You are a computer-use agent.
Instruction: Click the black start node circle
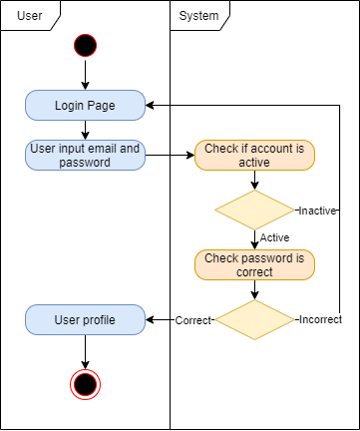pos(85,45)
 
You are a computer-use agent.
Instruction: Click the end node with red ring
pos(85,383)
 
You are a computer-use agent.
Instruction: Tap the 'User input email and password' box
pos(85,155)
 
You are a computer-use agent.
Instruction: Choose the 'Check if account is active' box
pos(254,155)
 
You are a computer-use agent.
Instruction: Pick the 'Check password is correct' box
pos(254,264)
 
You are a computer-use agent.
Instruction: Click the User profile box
pos(85,320)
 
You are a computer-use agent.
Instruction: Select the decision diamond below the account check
pos(254,211)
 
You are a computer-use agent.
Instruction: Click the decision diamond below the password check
pos(254,320)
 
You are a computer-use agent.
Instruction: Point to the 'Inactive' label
pos(317,211)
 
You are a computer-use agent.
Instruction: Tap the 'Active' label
pos(274,237)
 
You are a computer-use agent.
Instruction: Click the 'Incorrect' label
pos(319,320)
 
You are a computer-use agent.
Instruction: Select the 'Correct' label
pos(192,320)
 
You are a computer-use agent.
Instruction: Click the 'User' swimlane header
pos(31,15)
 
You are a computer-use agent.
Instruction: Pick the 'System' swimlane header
pos(199,15)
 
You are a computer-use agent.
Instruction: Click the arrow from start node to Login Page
pos(85,75)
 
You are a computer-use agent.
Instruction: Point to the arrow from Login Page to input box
pos(85,129)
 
